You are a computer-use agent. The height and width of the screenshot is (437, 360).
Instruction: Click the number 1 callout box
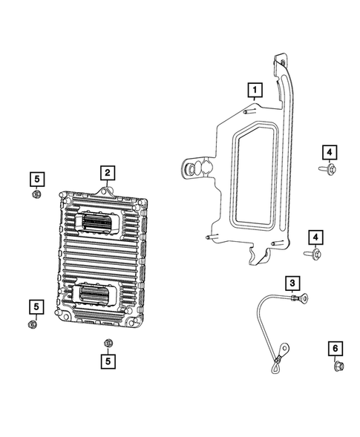pos(255,92)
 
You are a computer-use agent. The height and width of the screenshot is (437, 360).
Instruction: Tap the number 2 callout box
pos(108,173)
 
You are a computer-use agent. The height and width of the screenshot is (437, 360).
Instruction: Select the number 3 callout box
pos(293,283)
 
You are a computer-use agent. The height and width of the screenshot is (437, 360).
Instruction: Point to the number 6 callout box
pos(334,348)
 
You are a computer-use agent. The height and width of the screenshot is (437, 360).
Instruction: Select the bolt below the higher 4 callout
pos(325,171)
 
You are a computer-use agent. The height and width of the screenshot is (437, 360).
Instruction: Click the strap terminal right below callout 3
pos(298,299)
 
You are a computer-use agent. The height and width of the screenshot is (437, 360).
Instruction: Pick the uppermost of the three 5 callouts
pos(35,177)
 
